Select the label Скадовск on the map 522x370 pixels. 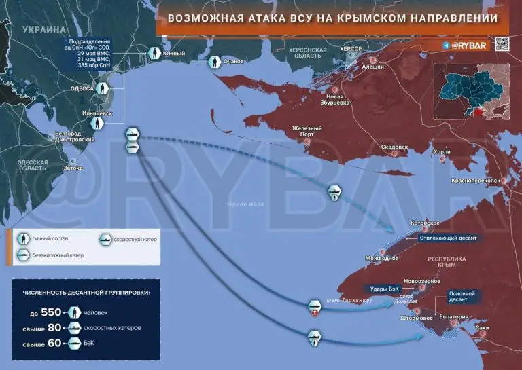tap(395, 147)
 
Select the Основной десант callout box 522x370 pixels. tap(465, 295)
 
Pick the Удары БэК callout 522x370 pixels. tap(381, 288)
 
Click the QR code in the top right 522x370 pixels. tap(502, 44)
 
